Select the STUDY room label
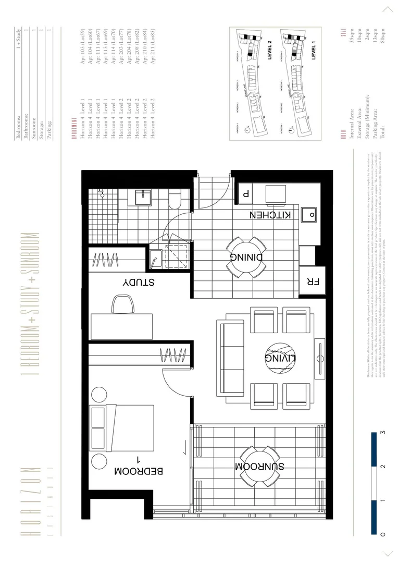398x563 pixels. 138,283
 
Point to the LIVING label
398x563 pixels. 280,358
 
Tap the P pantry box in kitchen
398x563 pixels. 245,192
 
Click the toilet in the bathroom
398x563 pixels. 176,199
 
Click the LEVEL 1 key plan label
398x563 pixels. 314,52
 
